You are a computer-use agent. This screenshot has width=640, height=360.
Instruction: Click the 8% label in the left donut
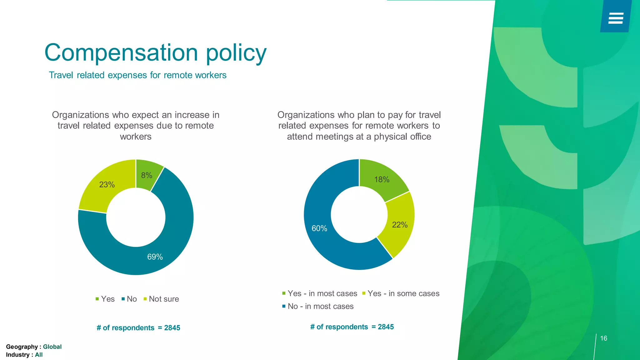(147, 175)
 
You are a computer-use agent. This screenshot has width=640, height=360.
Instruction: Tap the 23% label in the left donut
(107, 185)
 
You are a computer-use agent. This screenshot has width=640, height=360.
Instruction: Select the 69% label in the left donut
(155, 257)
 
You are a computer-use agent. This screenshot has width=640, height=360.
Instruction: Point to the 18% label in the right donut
(382, 180)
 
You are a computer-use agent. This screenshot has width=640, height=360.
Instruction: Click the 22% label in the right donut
(400, 225)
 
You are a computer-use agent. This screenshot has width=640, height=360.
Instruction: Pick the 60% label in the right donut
(319, 228)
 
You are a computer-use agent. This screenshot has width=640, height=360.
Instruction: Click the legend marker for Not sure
(145, 299)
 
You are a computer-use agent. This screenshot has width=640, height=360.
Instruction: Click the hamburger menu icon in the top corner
(616, 18)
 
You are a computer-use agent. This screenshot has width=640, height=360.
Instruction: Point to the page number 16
(604, 338)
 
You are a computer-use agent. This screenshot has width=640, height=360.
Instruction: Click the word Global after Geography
(52, 347)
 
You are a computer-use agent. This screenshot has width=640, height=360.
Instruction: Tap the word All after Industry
(39, 355)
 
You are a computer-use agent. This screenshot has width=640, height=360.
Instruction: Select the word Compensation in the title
(122, 52)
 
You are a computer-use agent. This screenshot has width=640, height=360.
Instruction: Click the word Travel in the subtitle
(61, 75)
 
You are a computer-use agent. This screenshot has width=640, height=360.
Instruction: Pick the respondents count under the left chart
(138, 328)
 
